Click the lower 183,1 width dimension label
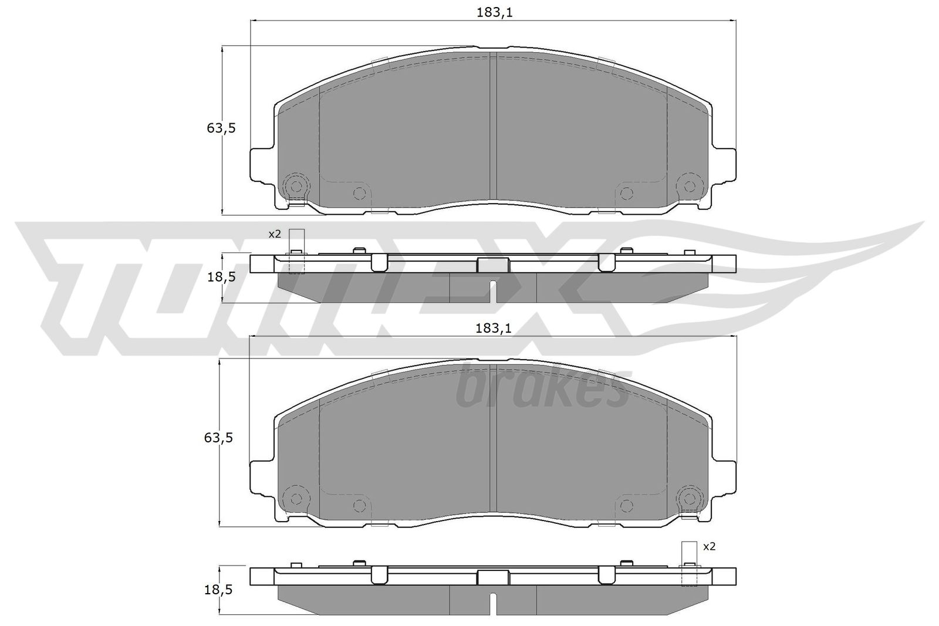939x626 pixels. (x=494, y=329)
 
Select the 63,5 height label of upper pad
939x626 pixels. (x=221, y=128)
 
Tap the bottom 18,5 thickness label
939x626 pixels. (x=221, y=590)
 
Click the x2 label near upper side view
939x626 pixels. (x=275, y=234)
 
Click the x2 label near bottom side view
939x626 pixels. (x=709, y=546)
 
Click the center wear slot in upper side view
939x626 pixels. (x=493, y=291)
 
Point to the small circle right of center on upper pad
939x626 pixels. (x=626, y=193)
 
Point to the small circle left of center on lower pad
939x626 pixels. (x=359, y=505)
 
